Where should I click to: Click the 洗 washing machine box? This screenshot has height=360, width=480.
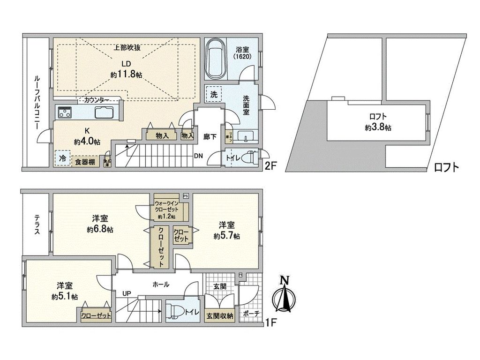214,94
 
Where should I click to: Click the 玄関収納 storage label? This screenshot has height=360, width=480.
220,315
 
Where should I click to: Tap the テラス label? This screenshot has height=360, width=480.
37,225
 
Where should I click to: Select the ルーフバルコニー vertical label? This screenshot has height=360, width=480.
36,103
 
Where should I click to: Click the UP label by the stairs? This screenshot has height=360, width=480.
127,293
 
